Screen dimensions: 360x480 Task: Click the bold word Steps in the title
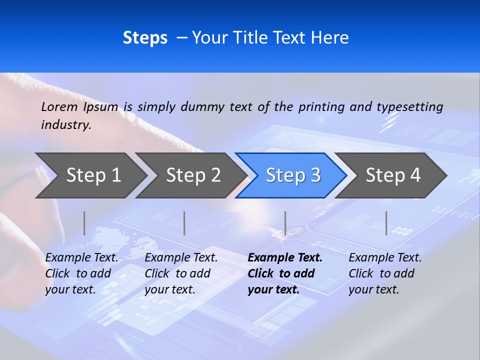(145, 37)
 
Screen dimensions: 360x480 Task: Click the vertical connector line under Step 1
(84, 223)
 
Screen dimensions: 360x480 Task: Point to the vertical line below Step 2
(184, 223)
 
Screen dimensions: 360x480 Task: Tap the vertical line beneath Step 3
(285, 223)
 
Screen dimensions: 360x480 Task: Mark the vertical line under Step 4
(386, 223)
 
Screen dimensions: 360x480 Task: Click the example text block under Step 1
(81, 273)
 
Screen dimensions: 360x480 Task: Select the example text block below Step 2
(181, 273)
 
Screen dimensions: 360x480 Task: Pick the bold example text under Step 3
(285, 273)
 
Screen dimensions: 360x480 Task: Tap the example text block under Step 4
(385, 273)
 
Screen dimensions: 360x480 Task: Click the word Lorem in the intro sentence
(59, 106)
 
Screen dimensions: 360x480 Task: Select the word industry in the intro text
(66, 124)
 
